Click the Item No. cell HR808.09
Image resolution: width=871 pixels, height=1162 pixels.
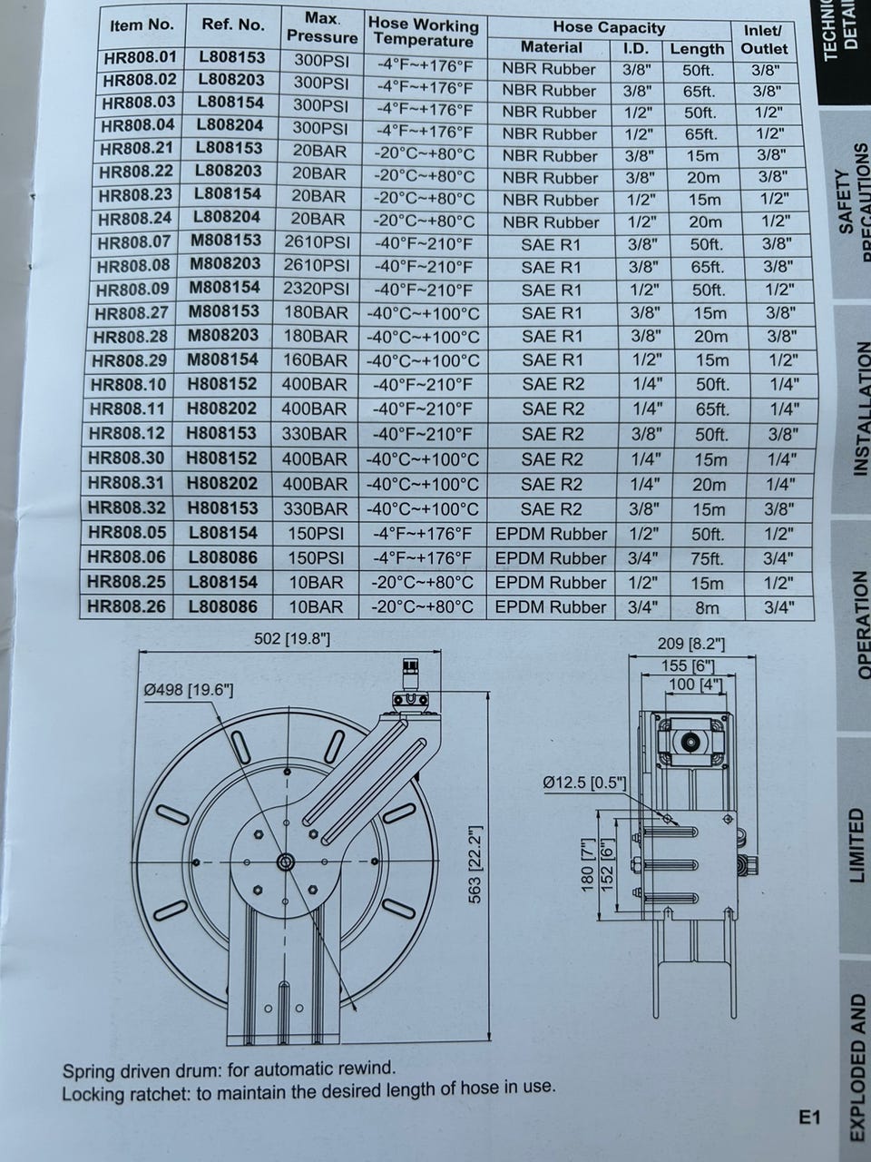[x=132, y=289]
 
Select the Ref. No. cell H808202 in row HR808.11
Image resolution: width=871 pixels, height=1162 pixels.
[x=222, y=409]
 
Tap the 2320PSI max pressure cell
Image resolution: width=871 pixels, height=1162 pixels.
[x=317, y=289]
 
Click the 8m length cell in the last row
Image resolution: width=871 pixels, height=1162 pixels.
[x=707, y=607]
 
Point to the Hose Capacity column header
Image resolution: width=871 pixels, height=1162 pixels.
[x=609, y=27]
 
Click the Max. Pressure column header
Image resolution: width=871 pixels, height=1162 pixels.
[x=322, y=28]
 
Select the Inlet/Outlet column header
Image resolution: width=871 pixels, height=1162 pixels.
[x=764, y=40]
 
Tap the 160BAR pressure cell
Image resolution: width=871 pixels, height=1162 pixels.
[x=316, y=360]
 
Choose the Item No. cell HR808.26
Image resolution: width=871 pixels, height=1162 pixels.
[x=126, y=606]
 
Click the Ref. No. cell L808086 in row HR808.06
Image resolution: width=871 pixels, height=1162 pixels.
[x=222, y=556]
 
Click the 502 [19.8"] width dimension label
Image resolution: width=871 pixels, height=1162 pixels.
[x=292, y=639]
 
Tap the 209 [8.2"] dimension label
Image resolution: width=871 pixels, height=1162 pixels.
[x=691, y=644]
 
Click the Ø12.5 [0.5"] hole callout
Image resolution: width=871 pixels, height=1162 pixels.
[x=584, y=783]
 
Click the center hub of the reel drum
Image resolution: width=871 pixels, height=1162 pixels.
[x=286, y=862]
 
